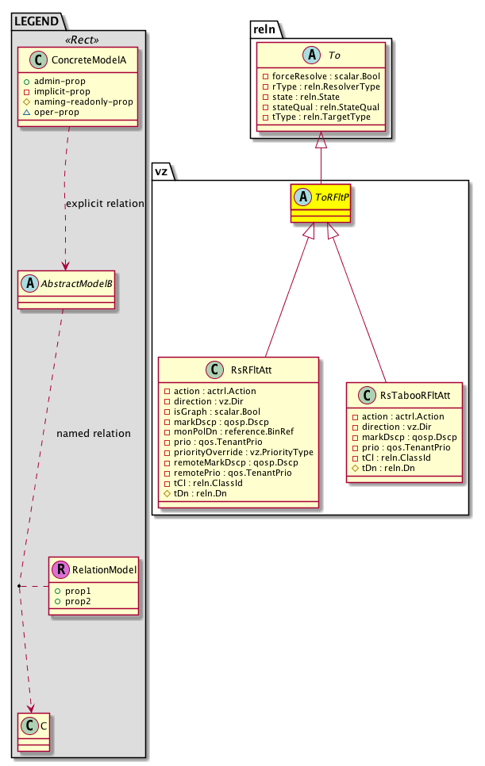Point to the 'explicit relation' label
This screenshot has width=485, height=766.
tap(105, 204)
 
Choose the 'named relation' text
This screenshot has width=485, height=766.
tap(94, 434)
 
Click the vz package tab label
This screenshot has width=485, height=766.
tap(162, 169)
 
